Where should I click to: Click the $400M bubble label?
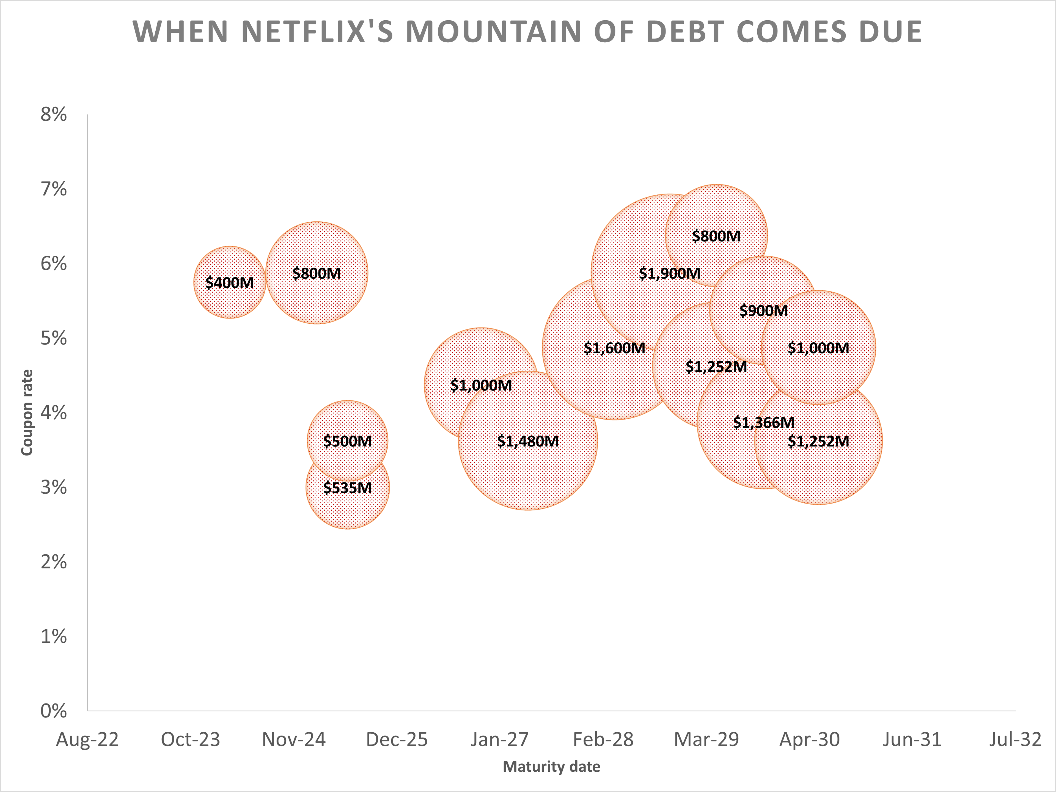coord(230,283)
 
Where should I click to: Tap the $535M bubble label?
coord(348,488)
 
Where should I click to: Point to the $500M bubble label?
coord(348,441)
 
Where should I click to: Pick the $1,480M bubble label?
coord(528,441)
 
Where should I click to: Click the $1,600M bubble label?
coord(614,348)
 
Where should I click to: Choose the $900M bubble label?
coord(763,311)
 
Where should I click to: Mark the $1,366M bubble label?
coord(763,422)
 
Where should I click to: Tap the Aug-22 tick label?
coord(87,739)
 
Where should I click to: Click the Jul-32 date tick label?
coord(1015,739)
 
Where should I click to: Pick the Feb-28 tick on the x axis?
coord(603,739)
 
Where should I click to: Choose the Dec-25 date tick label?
coord(397,739)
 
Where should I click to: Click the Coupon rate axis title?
coord(27,413)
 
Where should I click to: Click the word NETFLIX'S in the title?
coord(317,32)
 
